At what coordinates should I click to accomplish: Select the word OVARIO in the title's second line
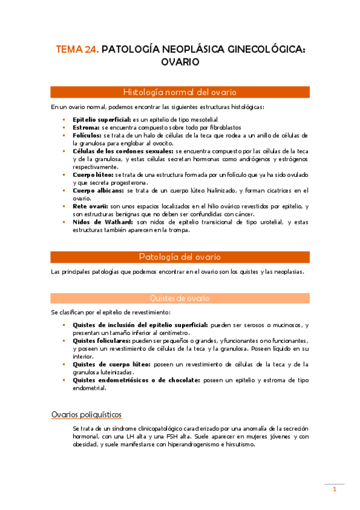(180, 62)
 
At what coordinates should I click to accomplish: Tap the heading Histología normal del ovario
(180, 92)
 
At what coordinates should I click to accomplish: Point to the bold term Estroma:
(86, 128)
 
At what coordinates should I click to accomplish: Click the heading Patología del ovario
(180, 257)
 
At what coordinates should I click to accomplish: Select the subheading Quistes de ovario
(180, 298)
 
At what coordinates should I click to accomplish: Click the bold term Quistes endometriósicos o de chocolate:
(136, 380)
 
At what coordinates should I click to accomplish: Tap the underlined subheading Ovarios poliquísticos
(87, 414)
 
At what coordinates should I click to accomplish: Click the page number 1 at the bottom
(335, 490)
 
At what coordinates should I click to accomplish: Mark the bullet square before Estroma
(66, 128)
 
